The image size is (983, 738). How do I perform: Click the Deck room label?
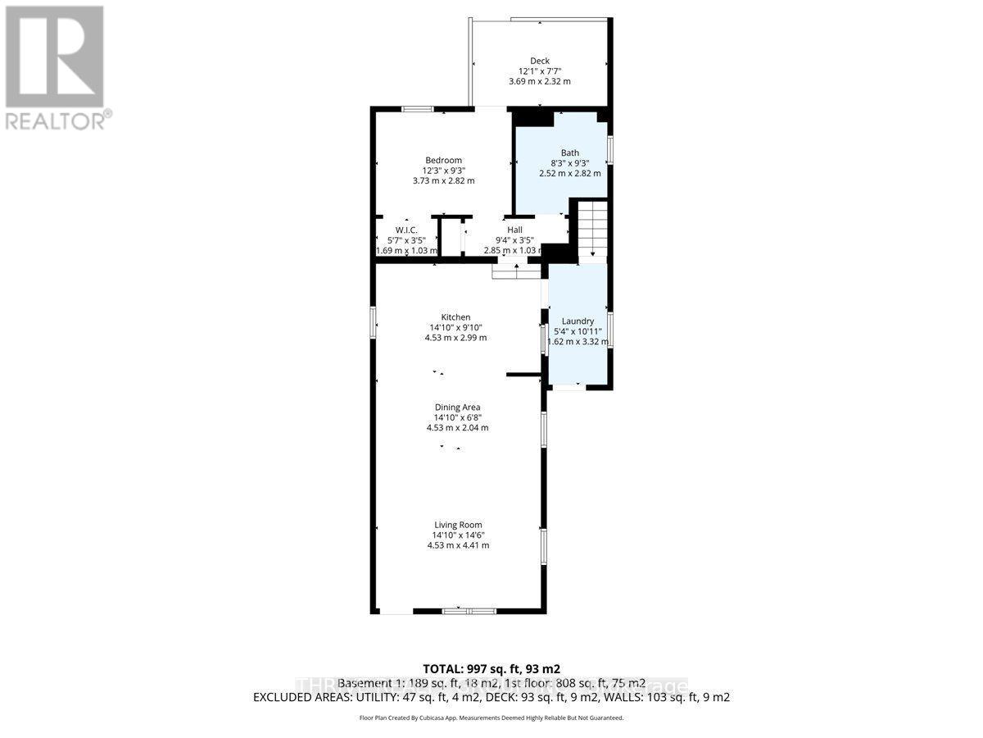[539, 61]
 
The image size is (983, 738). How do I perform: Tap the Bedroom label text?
[443, 160]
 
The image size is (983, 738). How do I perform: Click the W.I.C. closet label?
[407, 230]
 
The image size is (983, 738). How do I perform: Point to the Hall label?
[514, 230]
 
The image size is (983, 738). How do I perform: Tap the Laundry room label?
[578, 321]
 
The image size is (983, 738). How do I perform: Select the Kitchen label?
[455, 317]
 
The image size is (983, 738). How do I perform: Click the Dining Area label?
[457, 407]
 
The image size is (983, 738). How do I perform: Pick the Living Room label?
[458, 525]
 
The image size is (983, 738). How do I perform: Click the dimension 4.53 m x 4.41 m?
[458, 544]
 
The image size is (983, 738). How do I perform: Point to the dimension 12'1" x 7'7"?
[539, 71]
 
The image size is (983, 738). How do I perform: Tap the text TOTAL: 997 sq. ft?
[491, 669]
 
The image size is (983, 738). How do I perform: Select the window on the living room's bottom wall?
[469, 611]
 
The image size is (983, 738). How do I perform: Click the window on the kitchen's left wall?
[373, 321]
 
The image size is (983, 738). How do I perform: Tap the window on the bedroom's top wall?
[417, 109]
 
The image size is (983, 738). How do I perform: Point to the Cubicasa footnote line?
[491, 717]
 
